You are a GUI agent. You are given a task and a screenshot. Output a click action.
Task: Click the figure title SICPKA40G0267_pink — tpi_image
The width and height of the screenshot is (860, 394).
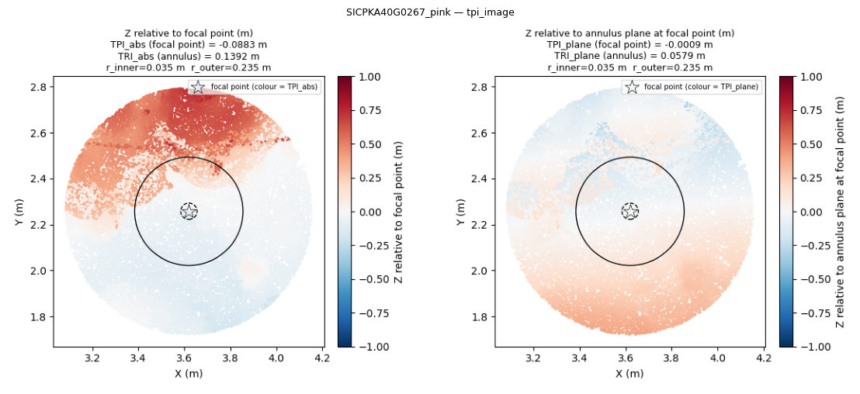pos(431,12)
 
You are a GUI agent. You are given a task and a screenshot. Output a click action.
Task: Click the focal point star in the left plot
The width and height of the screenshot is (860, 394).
pos(189,211)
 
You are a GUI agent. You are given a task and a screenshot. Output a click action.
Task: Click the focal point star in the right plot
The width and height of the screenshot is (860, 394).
pos(630,211)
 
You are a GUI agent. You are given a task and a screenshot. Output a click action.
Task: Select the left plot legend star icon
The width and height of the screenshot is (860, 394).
pos(198,87)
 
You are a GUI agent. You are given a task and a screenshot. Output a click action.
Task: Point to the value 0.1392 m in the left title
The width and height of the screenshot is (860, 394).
pos(237,56)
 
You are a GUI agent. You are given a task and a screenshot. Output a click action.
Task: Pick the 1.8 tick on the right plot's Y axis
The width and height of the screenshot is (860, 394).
pos(484,316)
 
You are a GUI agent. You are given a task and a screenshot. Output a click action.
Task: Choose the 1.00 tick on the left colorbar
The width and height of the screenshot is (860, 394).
pos(367,78)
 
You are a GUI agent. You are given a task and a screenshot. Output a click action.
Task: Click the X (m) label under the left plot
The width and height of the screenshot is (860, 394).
pos(188,374)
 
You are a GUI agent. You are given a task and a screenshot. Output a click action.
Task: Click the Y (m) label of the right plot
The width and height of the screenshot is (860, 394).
pos(461,212)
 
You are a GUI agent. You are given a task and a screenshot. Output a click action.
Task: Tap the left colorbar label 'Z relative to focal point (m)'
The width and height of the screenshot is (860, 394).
pos(398,212)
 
